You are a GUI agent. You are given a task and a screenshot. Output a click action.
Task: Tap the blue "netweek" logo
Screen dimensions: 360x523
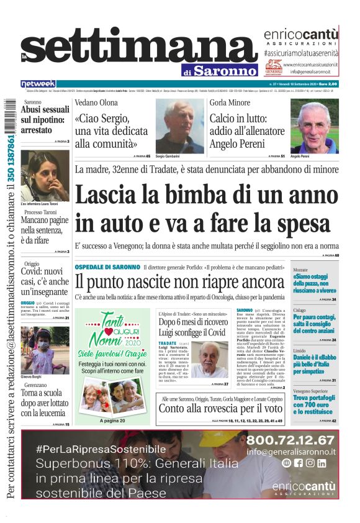click(38, 84)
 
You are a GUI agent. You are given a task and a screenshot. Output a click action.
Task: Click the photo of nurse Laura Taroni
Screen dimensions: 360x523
click(45, 176)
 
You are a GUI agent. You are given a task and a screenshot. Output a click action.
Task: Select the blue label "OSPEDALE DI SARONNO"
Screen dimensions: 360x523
click(107, 267)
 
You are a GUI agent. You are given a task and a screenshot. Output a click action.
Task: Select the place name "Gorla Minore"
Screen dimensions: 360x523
click(230, 103)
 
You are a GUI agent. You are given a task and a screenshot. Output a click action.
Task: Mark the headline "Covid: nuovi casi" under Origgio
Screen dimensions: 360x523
click(45, 276)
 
